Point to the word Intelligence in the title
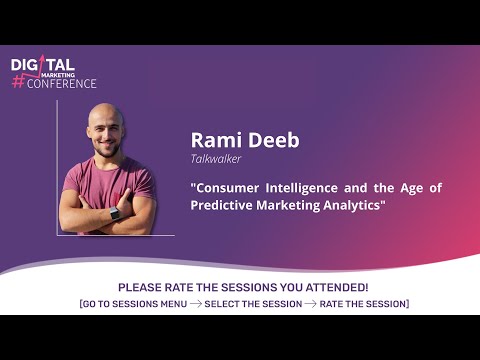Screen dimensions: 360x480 coord(313,187)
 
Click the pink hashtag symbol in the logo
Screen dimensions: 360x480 coord(18,83)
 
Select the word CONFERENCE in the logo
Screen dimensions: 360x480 coord(62,83)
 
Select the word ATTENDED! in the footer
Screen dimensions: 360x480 coord(338,287)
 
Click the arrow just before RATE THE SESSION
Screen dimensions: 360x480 coord(308,303)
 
